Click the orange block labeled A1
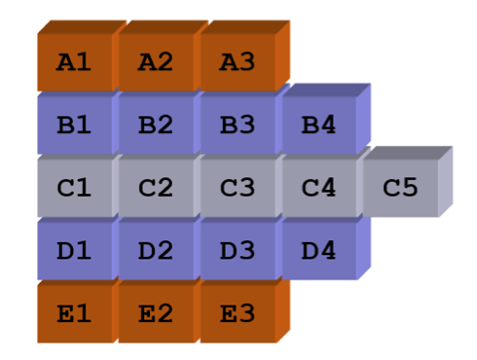coord(75,62)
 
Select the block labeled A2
coord(156,62)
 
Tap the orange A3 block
coord(237,62)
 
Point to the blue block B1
coord(75,126)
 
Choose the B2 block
coord(156,126)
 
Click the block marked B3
coord(237,126)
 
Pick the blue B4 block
coord(317,126)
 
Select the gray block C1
coord(75,188)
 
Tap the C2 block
coord(156,188)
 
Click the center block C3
coord(237,188)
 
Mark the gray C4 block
coord(317,188)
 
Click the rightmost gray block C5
coord(399,188)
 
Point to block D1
coord(75,250)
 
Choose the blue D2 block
coord(156,250)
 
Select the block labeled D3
coord(237,250)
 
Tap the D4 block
coord(317,250)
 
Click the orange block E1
coord(75,313)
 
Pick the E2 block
coord(156,313)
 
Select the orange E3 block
coord(237,313)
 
